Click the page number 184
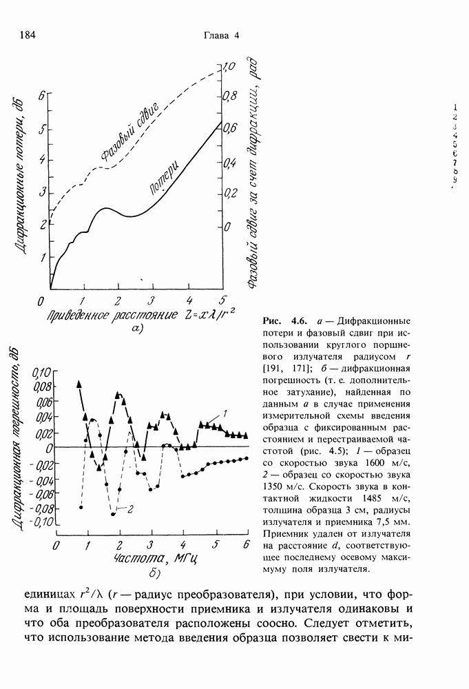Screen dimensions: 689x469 28,36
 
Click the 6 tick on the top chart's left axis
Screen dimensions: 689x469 41,96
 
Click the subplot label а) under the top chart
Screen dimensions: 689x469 136,331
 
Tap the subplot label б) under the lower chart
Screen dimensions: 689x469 154,573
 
